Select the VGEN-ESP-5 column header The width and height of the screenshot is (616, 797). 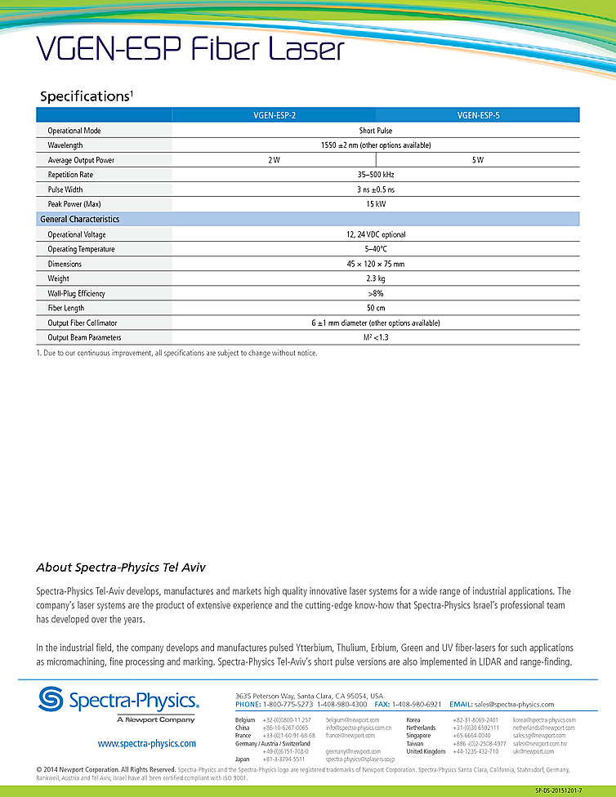point(478,116)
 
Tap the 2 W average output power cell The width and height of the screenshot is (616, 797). point(274,160)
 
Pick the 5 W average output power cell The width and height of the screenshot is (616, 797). point(478,160)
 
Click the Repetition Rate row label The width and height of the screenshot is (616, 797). point(70,175)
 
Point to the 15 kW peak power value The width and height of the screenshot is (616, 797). point(376,204)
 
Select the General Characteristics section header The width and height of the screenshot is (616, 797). point(80,220)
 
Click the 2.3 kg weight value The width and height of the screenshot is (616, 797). point(376,278)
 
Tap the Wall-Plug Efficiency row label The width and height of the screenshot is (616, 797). point(76,293)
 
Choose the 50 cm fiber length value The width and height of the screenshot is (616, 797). point(376,308)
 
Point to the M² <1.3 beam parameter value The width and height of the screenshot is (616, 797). point(376,337)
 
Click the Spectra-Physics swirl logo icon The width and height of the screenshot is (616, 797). point(53,701)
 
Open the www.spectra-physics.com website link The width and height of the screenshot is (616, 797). point(147,744)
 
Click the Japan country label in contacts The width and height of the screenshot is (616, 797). point(243,759)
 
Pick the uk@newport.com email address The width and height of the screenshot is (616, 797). point(533,751)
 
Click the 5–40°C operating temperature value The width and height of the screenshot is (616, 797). point(376,249)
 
